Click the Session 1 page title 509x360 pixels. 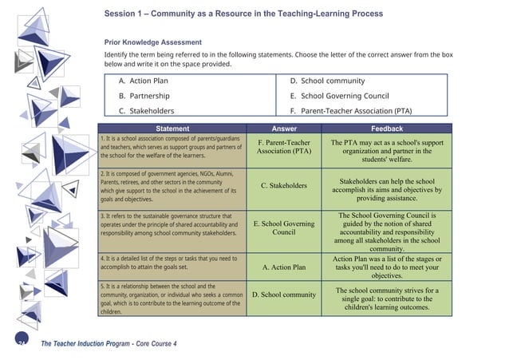[x=243, y=14]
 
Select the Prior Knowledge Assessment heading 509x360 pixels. [x=152, y=42]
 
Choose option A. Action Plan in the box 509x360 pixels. [x=144, y=81]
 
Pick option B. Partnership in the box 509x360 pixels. [x=144, y=96]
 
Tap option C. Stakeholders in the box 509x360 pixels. [x=146, y=111]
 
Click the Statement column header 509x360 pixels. [x=172, y=129]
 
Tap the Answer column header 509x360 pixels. [x=284, y=129]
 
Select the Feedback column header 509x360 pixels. [x=387, y=129]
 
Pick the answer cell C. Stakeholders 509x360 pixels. [x=284, y=186]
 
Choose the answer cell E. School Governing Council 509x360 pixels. [x=284, y=228]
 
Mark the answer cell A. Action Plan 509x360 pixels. [x=284, y=267]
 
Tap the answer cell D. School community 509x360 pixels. [x=284, y=295]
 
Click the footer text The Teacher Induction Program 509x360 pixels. [x=109, y=343]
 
